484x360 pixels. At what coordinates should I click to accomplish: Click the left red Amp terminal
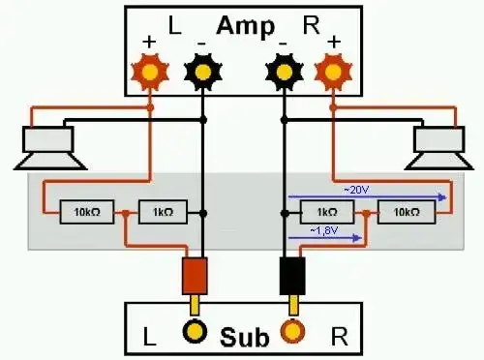coord(151,70)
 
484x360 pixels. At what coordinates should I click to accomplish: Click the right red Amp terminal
coord(333,70)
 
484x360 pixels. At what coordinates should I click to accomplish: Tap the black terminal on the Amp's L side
coord(202,70)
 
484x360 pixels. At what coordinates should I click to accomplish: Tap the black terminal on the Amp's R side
coord(284,70)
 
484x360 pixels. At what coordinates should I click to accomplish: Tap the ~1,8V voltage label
coord(325,230)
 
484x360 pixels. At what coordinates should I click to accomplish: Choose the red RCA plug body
coord(196,275)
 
